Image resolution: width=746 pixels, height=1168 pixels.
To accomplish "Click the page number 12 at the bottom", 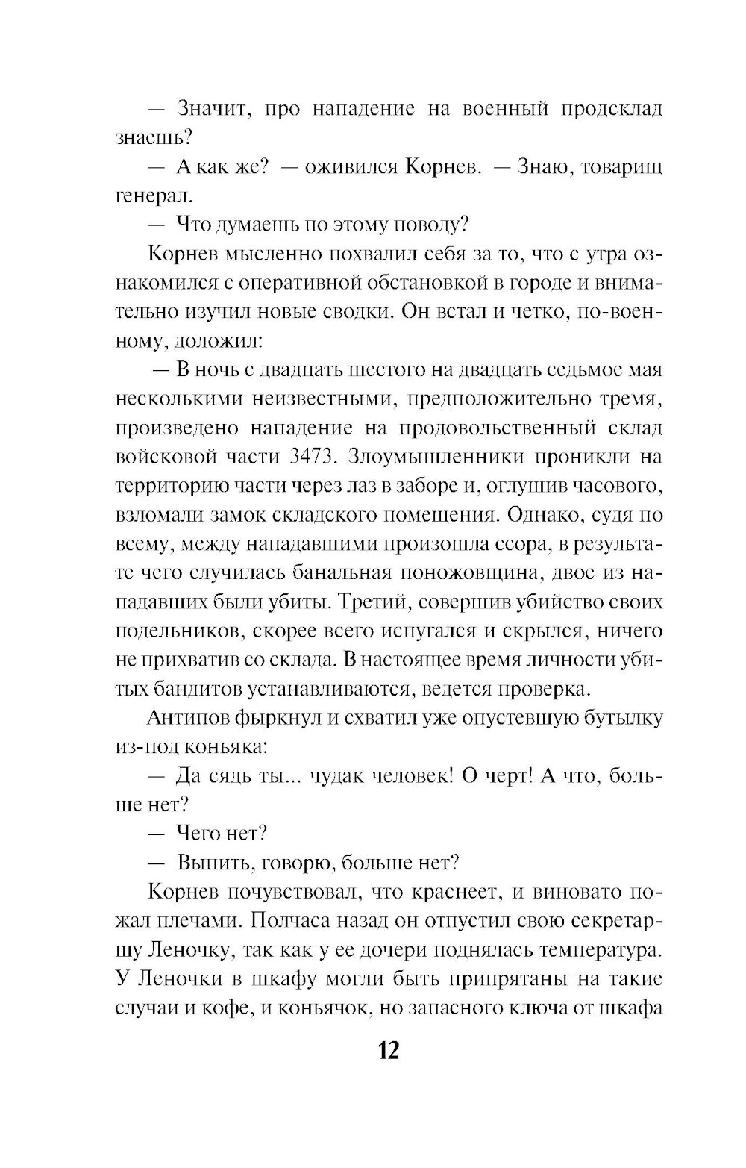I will point(389,1050).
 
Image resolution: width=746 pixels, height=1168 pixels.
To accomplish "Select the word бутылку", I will point(616,719).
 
